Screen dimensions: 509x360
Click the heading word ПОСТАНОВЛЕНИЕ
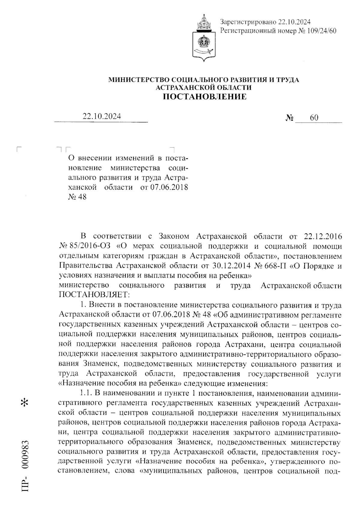click(x=204, y=97)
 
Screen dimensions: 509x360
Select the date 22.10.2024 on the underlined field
click(x=102, y=117)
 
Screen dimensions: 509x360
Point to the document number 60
click(x=314, y=118)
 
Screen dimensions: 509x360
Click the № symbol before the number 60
click(x=289, y=118)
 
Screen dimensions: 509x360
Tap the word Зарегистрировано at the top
click(x=248, y=22)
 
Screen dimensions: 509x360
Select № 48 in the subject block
click(x=77, y=197)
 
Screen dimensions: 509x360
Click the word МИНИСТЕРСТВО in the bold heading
click(x=139, y=80)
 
